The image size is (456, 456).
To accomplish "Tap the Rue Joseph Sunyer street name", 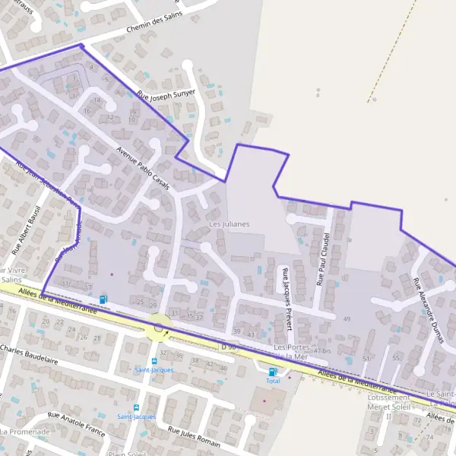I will click(x=166, y=95).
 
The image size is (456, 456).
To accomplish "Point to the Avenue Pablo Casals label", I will click(x=143, y=166).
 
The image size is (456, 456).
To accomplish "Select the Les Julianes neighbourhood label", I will click(x=229, y=224).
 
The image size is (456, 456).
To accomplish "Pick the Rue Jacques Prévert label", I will click(x=287, y=299).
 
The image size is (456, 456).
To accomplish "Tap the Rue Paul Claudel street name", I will click(x=323, y=259).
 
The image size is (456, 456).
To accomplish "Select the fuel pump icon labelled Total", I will click(x=273, y=372).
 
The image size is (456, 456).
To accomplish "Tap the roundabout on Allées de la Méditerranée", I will click(x=158, y=328).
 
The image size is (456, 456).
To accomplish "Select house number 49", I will click(x=347, y=318).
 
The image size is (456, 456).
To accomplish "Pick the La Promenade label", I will click(x=25, y=432).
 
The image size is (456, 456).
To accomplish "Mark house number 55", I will click(x=396, y=357).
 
